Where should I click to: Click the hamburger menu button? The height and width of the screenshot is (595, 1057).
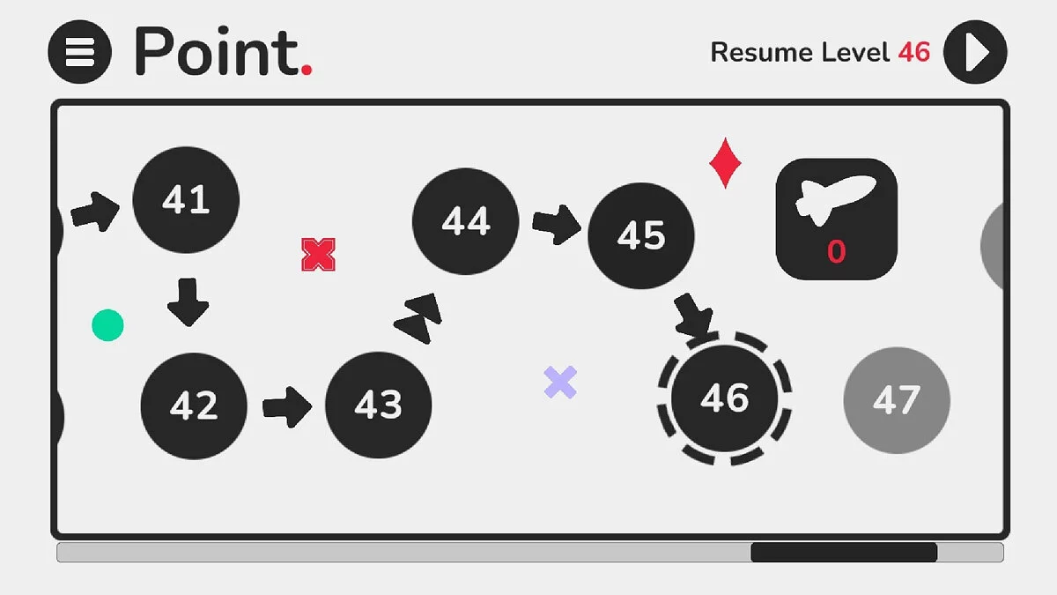click(80, 52)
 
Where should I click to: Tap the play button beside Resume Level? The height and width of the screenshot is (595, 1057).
click(975, 52)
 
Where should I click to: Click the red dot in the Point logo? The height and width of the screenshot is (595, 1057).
click(307, 70)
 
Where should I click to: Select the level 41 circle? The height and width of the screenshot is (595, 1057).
click(186, 200)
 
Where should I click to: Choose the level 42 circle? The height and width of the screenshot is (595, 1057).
click(194, 405)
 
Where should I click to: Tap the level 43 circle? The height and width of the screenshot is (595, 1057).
click(379, 405)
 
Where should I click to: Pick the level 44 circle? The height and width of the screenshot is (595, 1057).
click(466, 221)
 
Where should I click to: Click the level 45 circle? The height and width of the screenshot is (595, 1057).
click(641, 235)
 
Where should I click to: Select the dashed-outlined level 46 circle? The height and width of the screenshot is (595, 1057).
click(725, 398)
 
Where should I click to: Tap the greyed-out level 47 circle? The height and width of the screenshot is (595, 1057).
click(897, 400)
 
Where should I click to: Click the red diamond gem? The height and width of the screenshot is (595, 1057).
click(725, 163)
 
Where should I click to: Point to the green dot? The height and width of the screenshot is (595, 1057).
click(107, 325)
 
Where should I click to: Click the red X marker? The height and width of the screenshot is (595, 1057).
click(319, 255)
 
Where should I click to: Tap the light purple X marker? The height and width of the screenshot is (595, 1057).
click(560, 382)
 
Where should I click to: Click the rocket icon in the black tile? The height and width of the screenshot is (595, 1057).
click(836, 199)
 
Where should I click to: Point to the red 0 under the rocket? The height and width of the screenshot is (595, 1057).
click(836, 252)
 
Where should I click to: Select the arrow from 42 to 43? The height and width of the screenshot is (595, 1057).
click(287, 407)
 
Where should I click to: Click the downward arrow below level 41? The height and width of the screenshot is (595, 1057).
click(188, 302)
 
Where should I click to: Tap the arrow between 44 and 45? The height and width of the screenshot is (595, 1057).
click(557, 224)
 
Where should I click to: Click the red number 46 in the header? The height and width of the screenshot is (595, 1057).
click(914, 52)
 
